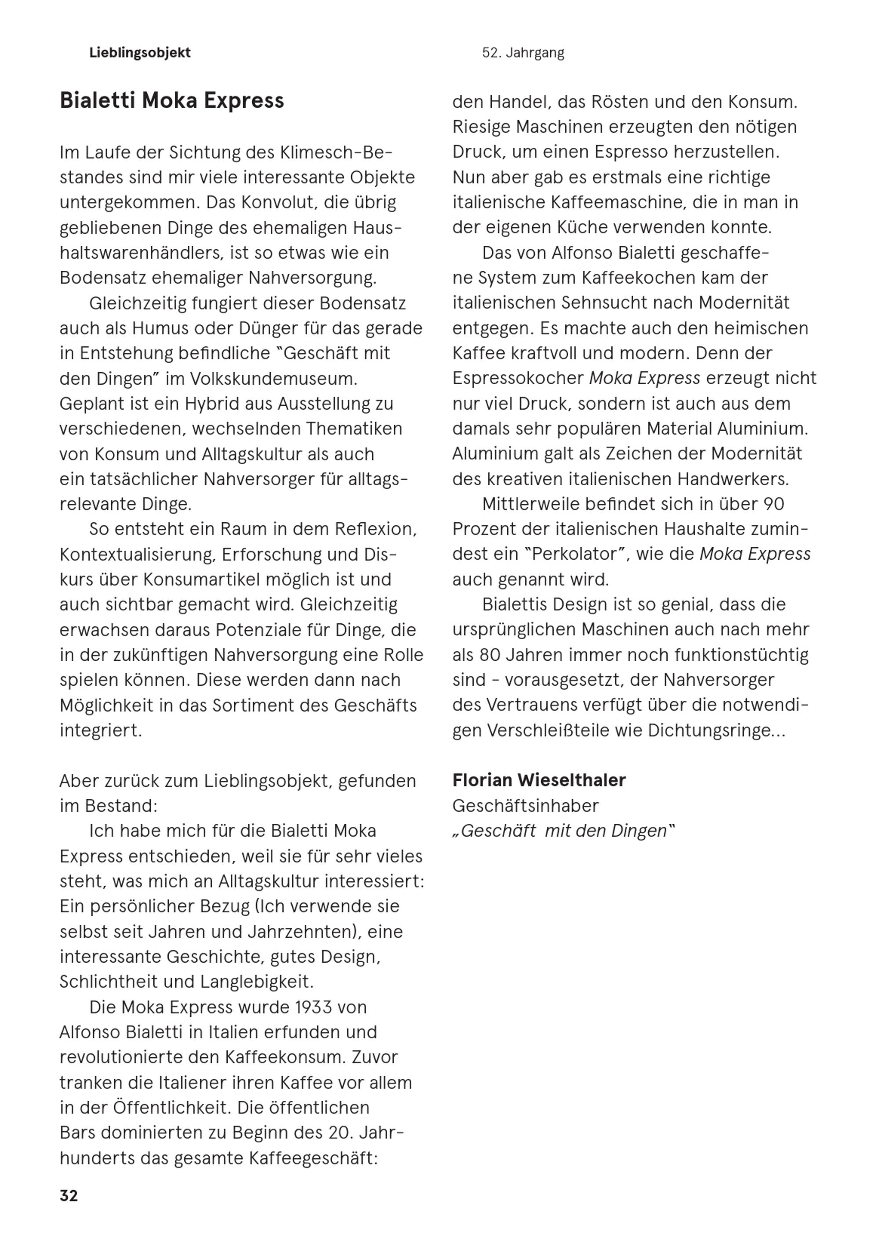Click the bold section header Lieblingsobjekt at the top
(140, 53)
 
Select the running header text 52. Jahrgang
(523, 53)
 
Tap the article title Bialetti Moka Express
(172, 101)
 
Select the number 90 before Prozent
(773, 504)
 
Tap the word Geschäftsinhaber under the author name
(525, 805)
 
